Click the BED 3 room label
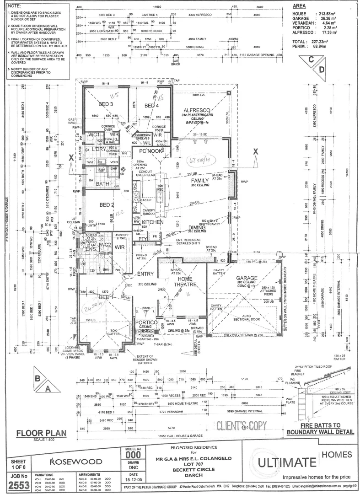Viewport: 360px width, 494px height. pyautogui.click(x=105, y=104)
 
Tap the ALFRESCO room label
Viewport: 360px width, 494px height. pyautogui.click(x=196, y=111)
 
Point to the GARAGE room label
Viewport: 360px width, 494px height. pyautogui.click(x=248, y=278)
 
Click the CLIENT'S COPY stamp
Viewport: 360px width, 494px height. pyautogui.click(x=242, y=425)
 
